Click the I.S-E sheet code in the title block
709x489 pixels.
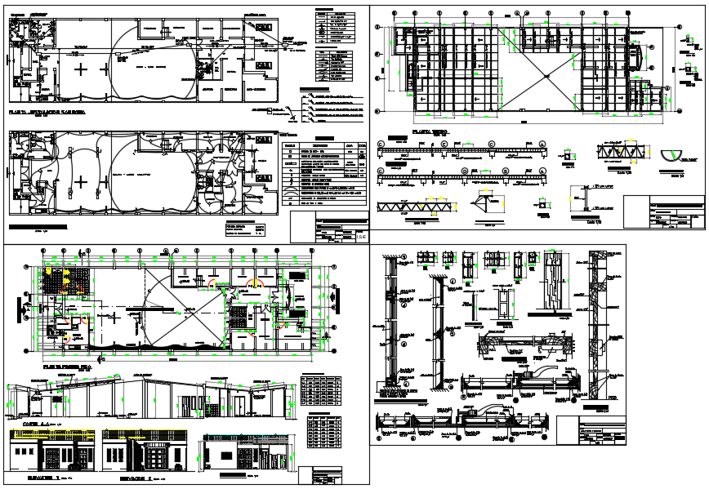[361, 235]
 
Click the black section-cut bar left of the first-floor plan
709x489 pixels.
[17, 309]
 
